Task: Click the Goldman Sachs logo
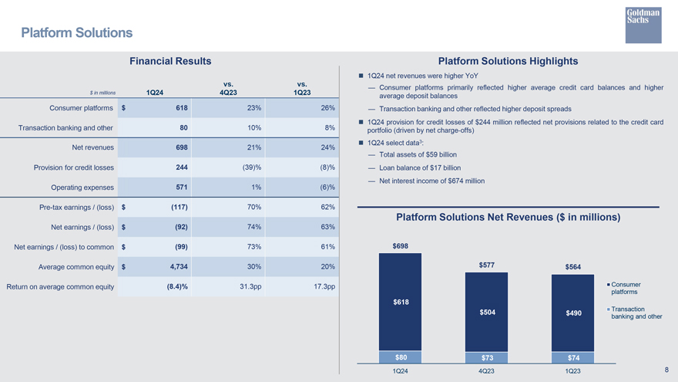point(643,25)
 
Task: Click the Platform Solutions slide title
point(76,32)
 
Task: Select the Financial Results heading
point(170,61)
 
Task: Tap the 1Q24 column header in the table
point(154,93)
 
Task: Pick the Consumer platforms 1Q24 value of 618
point(182,108)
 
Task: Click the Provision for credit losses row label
point(74,167)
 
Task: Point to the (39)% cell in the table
point(252,167)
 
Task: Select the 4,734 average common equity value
point(179,267)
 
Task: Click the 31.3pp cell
point(250,287)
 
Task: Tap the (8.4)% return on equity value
point(177,287)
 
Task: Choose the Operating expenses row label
point(82,188)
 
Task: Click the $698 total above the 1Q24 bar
point(401,246)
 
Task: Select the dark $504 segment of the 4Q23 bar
point(486,312)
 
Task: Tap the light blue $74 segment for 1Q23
point(573,357)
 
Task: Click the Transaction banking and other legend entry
point(635,313)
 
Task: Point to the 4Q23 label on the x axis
point(486,371)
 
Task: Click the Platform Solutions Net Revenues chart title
point(508,217)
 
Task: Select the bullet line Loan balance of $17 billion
point(420,168)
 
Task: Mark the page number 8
point(666,370)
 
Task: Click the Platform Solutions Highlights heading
point(508,61)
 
